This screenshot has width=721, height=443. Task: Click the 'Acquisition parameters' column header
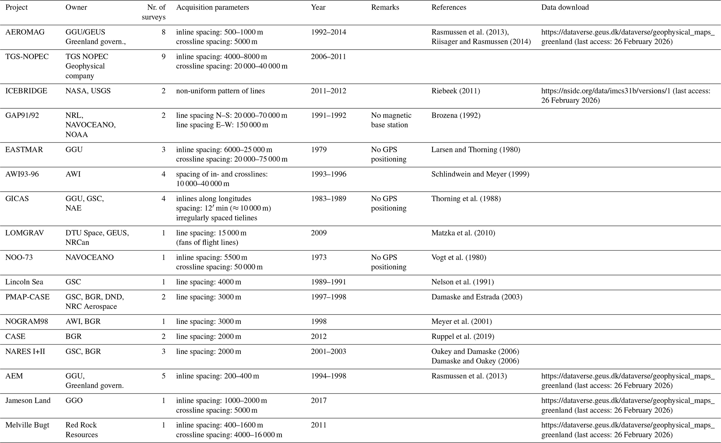tap(212, 7)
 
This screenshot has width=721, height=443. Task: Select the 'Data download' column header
tap(565, 7)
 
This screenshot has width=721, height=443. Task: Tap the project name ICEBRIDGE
tap(26, 91)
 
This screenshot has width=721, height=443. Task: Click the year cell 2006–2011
tap(328, 57)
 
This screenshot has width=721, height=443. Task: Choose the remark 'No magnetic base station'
tap(391, 120)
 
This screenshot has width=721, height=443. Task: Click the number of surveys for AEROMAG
tap(163, 32)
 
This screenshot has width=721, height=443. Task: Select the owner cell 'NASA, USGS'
tap(88, 91)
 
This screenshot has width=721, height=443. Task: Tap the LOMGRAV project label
tap(24, 233)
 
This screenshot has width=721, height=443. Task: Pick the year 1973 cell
tap(319, 258)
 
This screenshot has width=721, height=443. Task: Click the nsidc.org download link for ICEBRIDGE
tap(625, 96)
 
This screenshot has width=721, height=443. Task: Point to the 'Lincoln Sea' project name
tap(24, 282)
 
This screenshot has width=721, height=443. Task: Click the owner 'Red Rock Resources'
tap(82, 430)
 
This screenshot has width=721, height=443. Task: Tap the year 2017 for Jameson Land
tap(319, 400)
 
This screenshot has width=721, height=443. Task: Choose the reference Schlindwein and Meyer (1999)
tap(480, 174)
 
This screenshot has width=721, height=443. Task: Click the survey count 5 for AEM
tap(163, 376)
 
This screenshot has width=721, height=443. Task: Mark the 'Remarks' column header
tap(385, 7)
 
